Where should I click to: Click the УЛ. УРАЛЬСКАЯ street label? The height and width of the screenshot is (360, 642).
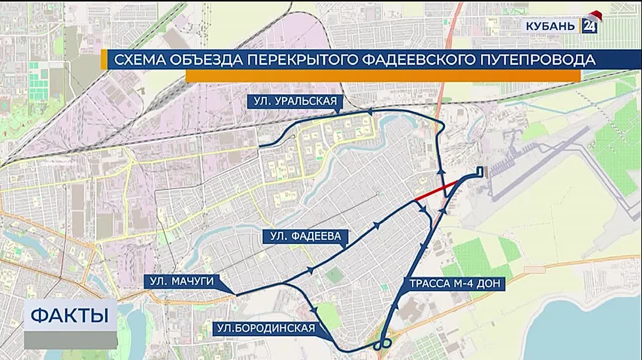click(295, 101)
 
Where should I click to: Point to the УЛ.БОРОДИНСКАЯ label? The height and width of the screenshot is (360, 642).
click(266, 329)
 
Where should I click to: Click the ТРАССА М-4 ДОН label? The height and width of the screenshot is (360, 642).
click(454, 284)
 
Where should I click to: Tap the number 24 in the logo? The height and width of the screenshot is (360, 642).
click(589, 26)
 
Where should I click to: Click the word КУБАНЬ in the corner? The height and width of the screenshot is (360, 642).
click(551, 26)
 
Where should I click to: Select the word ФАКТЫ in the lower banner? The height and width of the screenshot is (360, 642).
click(70, 316)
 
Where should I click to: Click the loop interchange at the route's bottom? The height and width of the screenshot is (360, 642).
click(383, 344)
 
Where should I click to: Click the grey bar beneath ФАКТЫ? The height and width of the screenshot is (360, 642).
click(70, 340)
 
